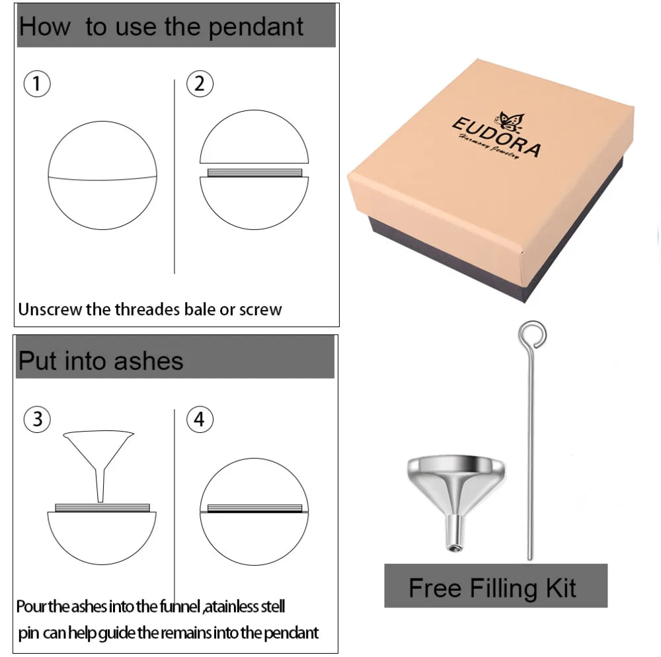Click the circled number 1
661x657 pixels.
(37, 83)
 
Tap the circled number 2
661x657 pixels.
(200, 83)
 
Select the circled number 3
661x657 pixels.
(37, 419)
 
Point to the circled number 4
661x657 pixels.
(200, 419)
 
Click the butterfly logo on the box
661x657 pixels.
(511, 122)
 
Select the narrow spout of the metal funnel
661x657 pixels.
(455, 532)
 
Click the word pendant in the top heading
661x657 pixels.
(255, 27)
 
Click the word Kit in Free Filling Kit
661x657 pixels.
(561, 588)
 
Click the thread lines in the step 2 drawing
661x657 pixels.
(254, 173)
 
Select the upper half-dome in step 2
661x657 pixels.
(254, 137)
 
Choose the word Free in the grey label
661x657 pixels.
(435, 588)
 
